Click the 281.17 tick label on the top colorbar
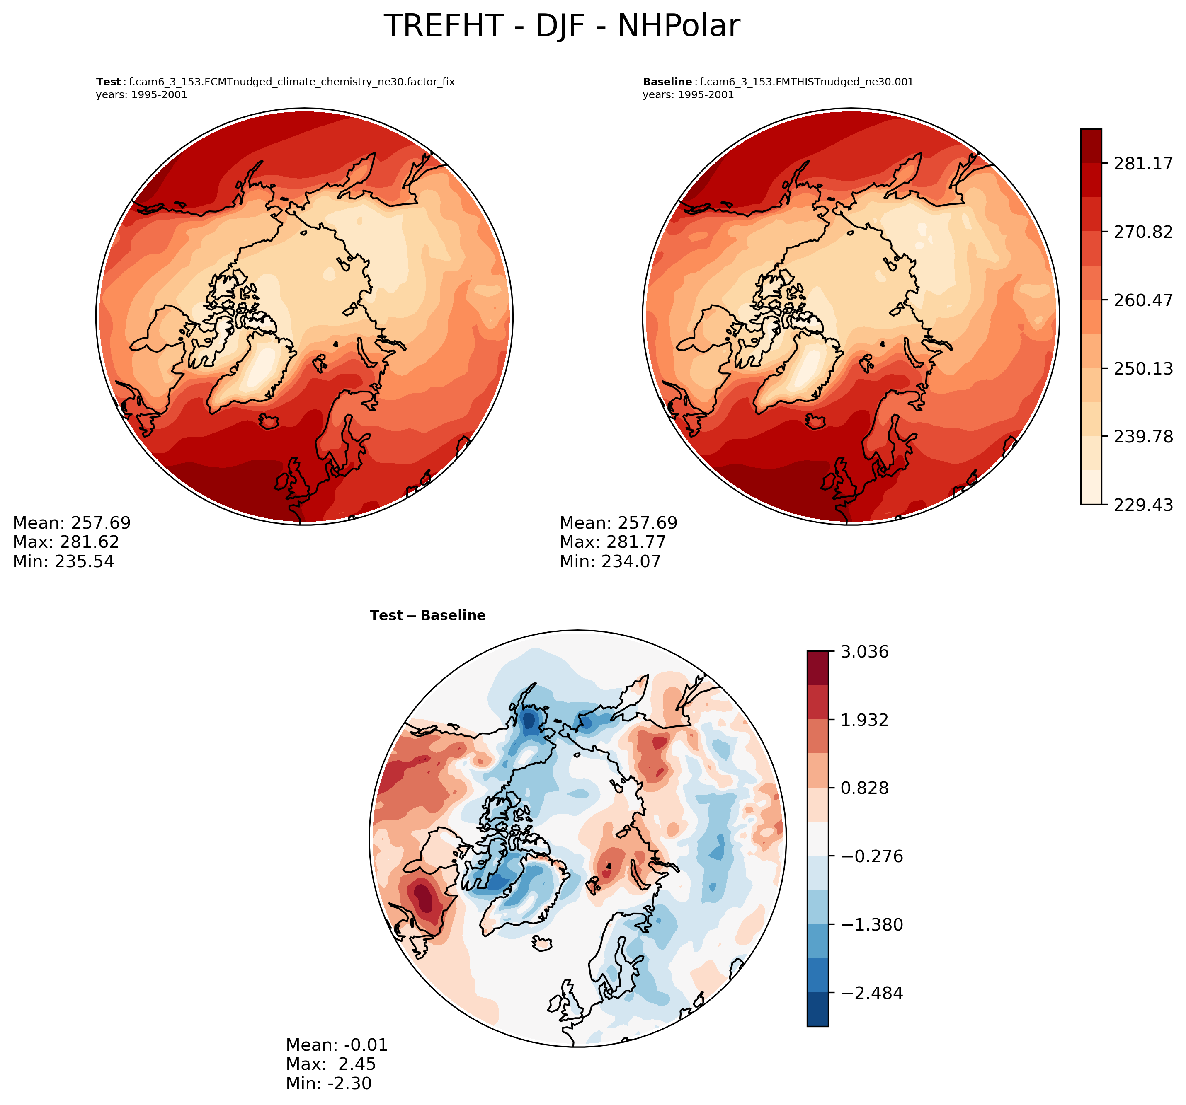click(1143, 163)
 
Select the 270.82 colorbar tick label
click(1143, 232)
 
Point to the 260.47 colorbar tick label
click(1143, 300)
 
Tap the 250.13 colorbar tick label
click(1143, 368)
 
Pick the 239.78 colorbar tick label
click(1143, 437)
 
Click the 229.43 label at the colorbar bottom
click(1143, 505)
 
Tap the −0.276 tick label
click(872, 856)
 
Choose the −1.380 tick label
click(872, 925)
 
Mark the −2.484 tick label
click(872, 993)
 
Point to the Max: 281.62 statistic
click(65, 542)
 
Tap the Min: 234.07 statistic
click(610, 561)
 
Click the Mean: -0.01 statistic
click(337, 1045)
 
